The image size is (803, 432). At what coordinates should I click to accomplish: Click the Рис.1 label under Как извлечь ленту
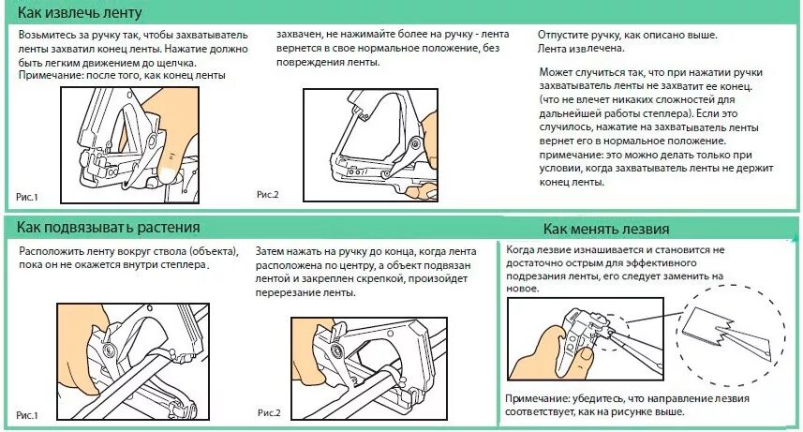pyautogui.click(x=27, y=196)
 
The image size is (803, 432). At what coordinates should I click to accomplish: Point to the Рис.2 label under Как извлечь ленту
pyautogui.click(x=268, y=194)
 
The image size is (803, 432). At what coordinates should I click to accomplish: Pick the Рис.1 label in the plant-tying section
pyautogui.click(x=27, y=413)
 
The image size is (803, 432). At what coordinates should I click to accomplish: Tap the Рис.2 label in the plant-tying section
pyautogui.click(x=270, y=412)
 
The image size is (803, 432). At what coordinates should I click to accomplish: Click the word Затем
pyautogui.click(x=274, y=252)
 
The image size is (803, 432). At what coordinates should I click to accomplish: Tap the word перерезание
pyautogui.click(x=296, y=293)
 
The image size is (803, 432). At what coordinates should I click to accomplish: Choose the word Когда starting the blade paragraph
pyautogui.click(x=523, y=250)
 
